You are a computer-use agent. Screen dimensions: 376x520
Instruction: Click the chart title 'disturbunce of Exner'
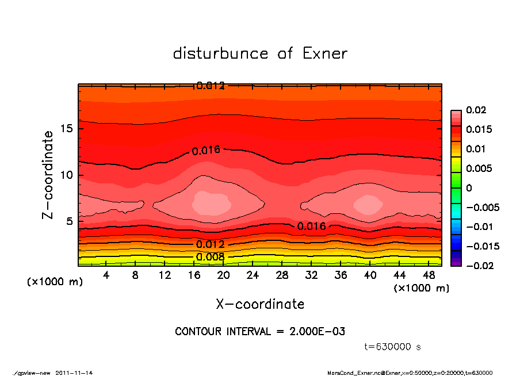[260, 54]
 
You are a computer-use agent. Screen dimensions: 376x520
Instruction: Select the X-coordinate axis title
[260, 304]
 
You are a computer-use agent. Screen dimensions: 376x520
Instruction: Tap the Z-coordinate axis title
[48, 174]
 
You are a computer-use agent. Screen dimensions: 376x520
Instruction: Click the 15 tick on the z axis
[66, 128]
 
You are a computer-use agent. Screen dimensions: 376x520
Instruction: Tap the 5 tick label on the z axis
[69, 221]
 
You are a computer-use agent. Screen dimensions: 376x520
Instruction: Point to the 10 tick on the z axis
[66, 175]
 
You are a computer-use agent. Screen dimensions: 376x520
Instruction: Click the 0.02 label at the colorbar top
[476, 110]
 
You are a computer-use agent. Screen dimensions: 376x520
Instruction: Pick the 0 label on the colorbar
[469, 187]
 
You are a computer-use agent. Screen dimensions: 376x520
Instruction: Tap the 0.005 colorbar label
[479, 168]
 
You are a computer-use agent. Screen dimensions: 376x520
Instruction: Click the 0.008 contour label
[210, 257]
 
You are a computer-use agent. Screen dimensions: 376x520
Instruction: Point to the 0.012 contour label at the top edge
[210, 86]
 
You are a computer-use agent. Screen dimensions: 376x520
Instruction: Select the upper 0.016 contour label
[206, 151]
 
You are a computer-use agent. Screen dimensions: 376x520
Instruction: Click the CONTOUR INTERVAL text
[260, 332]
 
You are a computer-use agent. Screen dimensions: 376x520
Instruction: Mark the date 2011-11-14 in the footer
[74, 373]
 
